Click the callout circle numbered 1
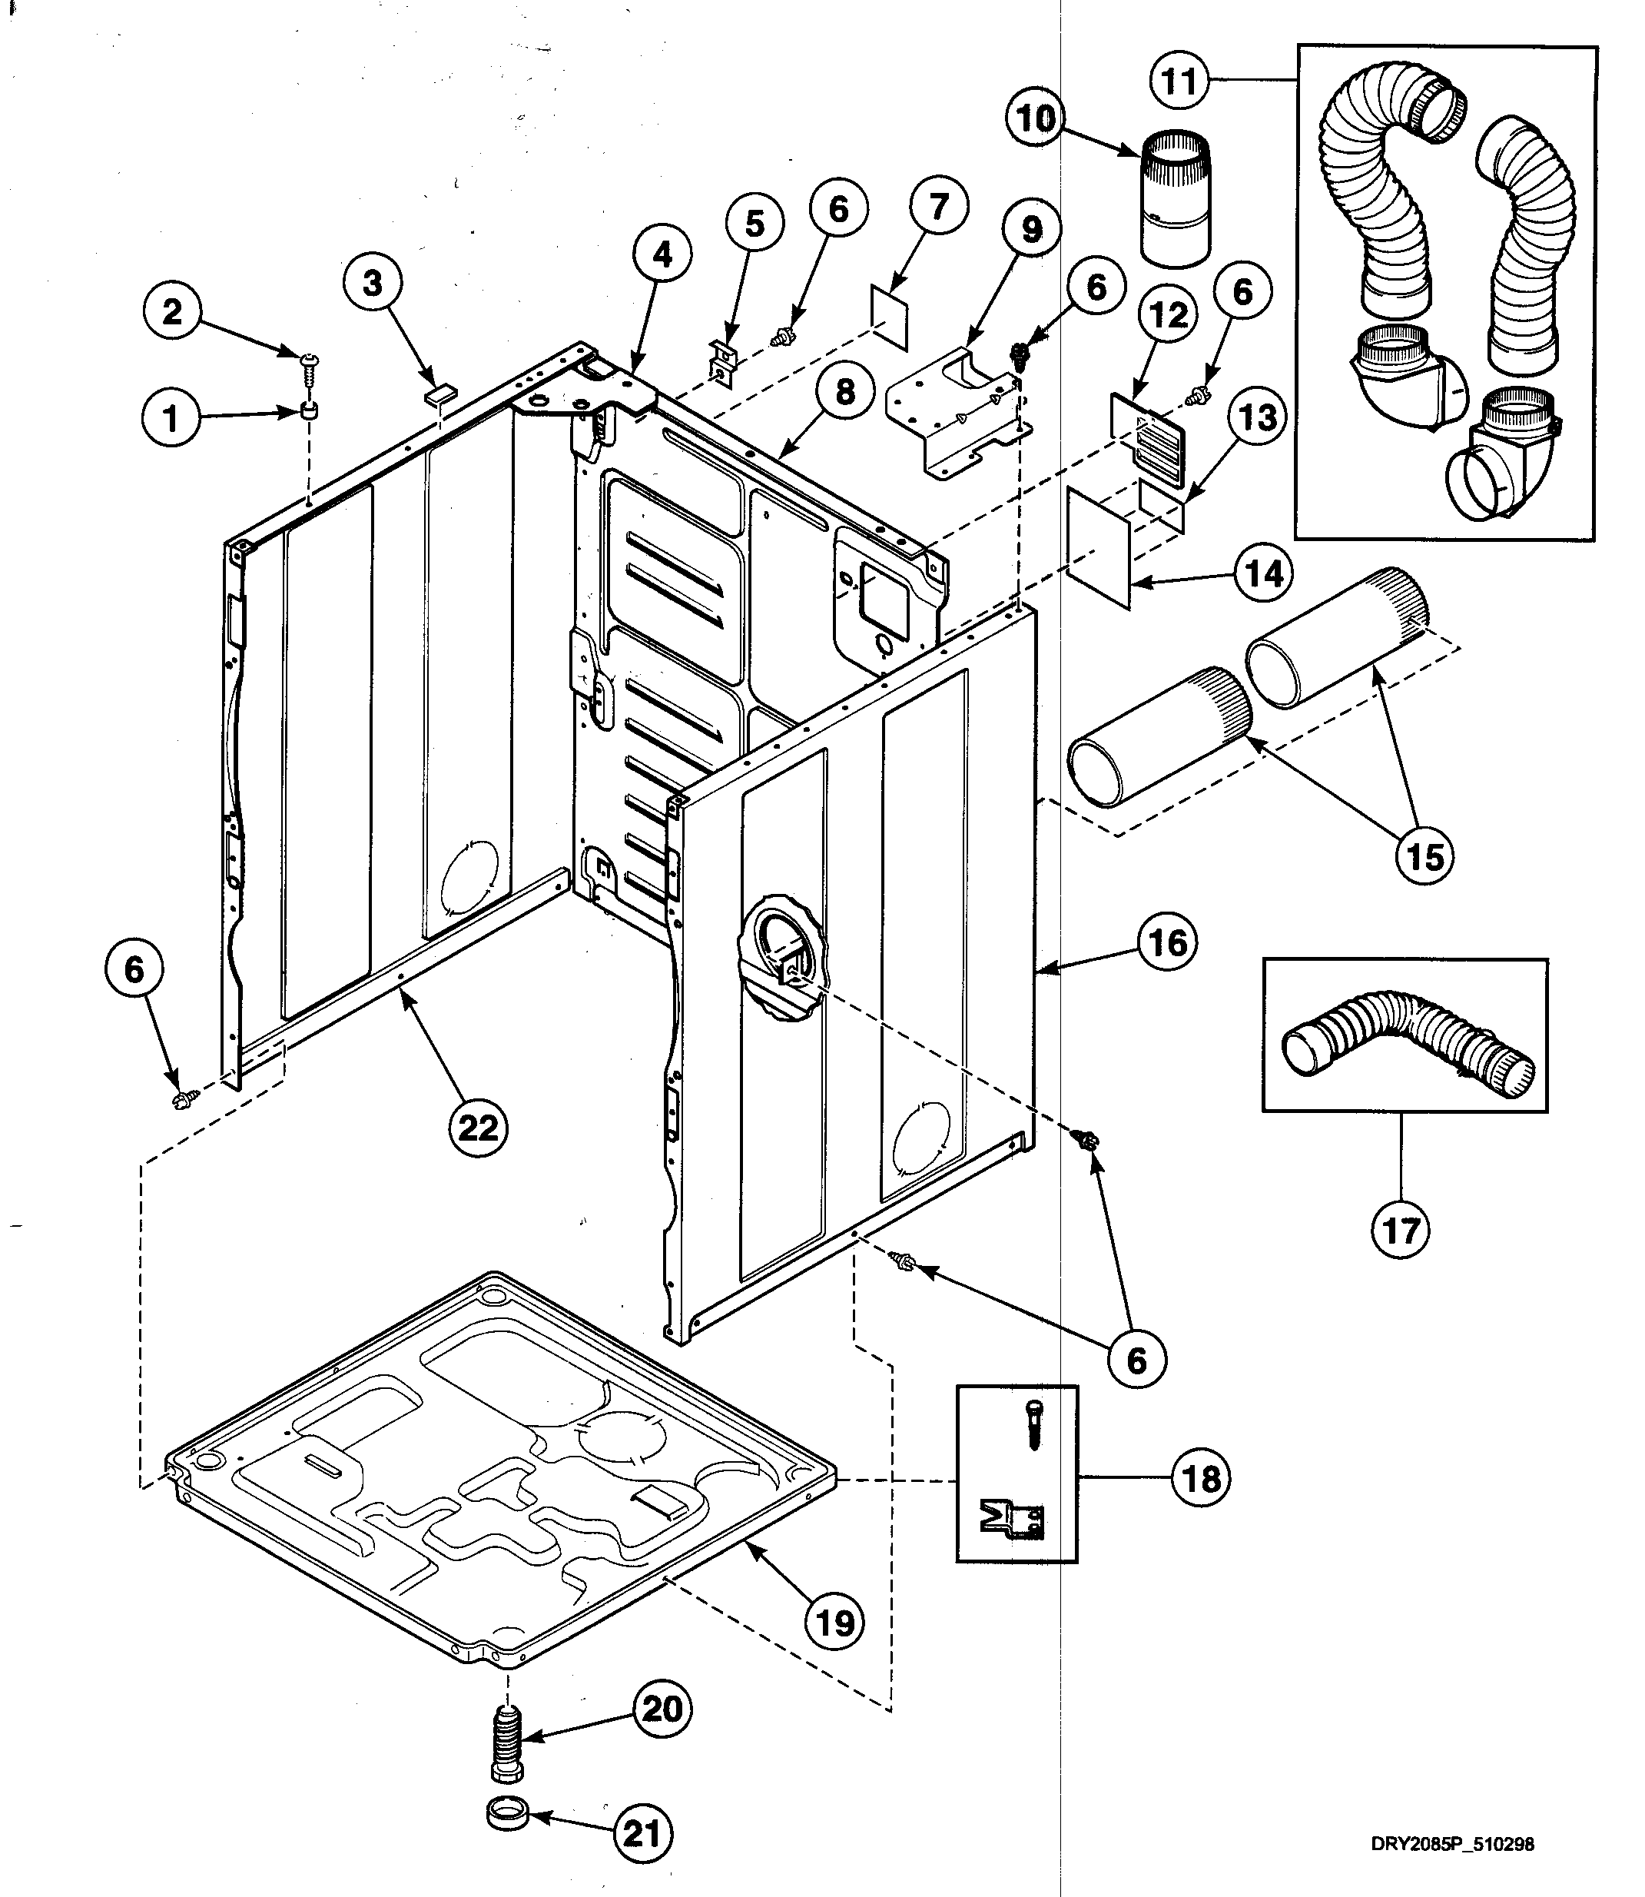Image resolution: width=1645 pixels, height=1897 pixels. point(171,420)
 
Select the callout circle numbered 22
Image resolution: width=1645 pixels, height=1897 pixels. point(477,1126)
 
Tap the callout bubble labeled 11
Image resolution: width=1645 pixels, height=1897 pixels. point(1179,81)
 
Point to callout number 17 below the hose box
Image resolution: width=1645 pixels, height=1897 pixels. point(1400,1230)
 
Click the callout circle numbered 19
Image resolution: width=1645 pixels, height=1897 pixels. point(834,1623)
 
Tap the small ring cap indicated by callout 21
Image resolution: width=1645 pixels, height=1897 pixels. point(508,1814)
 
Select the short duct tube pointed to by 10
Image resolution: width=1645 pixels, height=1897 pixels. point(1176,198)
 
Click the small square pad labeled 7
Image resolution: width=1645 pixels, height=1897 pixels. point(889,317)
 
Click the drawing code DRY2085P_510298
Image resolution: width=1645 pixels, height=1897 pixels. point(1451,1844)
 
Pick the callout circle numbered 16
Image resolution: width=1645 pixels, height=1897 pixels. point(1168,942)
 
